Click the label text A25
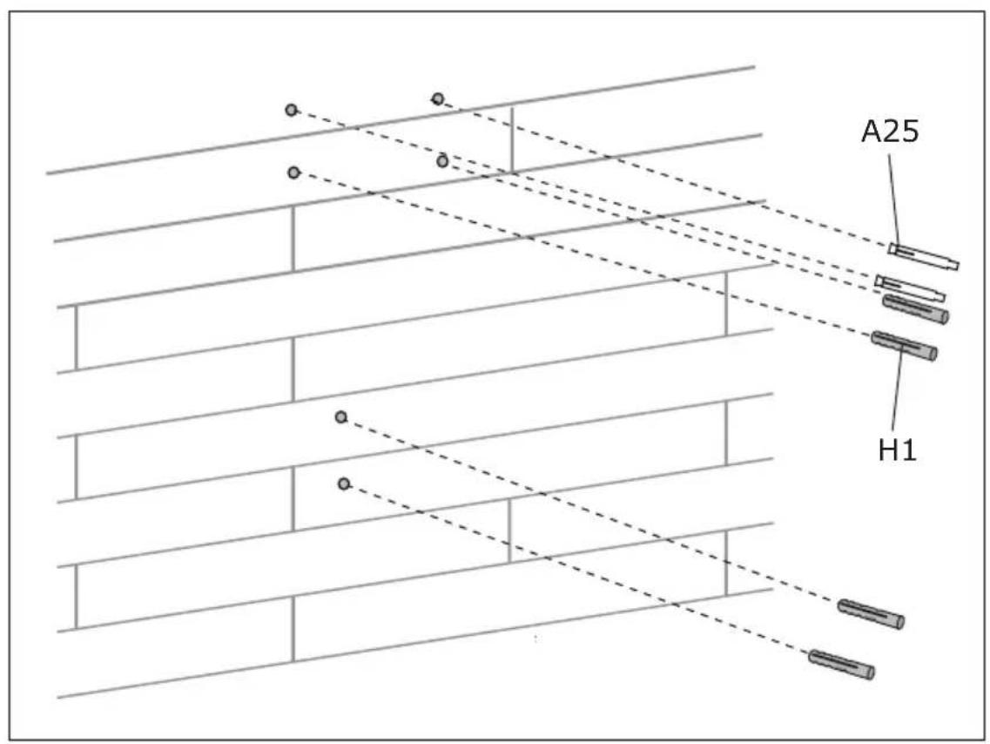pyautogui.click(x=890, y=132)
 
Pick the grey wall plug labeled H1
pyautogui.click(x=904, y=346)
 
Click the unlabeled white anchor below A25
pyautogui.click(x=910, y=287)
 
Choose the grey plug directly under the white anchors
pyautogui.click(x=915, y=309)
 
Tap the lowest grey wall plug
pyautogui.click(x=841, y=664)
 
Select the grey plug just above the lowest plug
pyautogui.click(x=871, y=614)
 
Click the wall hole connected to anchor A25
pyautogui.click(x=438, y=98)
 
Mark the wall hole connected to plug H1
pyautogui.click(x=293, y=172)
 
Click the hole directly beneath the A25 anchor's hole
pyautogui.click(x=442, y=160)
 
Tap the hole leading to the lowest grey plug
pyautogui.click(x=344, y=484)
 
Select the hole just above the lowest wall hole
pyautogui.click(x=341, y=417)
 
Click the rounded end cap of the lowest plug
pyautogui.click(x=868, y=672)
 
